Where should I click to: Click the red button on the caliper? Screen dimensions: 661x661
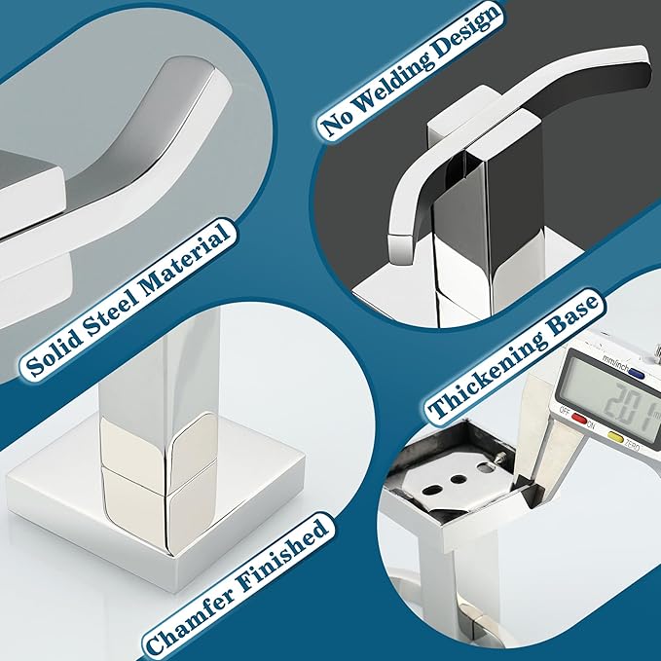578,419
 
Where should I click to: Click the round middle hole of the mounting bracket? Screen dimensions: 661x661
457,479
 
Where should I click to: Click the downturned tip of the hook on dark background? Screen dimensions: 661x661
400,248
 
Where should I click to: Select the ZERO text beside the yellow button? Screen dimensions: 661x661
631,445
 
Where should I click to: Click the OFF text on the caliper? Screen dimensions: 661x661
564,410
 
